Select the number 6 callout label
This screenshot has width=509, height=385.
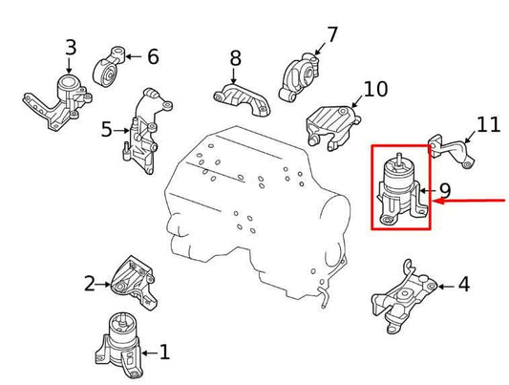[x=153, y=56]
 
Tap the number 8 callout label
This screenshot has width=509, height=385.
[x=235, y=60]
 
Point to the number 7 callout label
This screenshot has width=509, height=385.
[x=331, y=35]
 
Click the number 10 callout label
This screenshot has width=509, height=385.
[x=375, y=90]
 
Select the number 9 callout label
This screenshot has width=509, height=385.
[x=444, y=192]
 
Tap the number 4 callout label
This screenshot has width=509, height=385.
[x=463, y=284]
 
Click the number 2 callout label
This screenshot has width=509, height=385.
[x=90, y=283]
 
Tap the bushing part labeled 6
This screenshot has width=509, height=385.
[x=112, y=64]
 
